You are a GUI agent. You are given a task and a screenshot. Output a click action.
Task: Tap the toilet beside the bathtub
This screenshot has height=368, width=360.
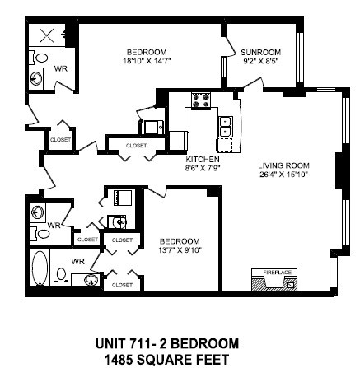pyautogui.click(x=60, y=273)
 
